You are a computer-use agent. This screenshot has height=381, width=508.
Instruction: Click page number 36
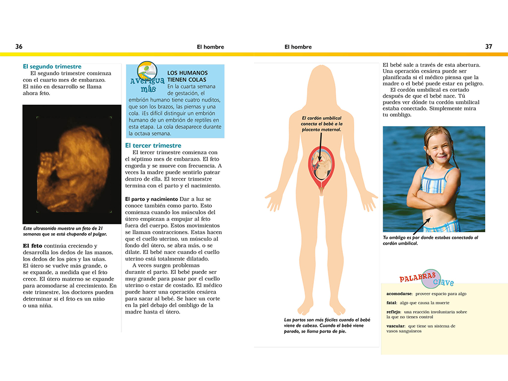click(19, 47)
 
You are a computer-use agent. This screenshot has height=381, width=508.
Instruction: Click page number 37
click(489, 47)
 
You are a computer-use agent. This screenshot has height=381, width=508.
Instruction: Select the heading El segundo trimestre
click(52, 66)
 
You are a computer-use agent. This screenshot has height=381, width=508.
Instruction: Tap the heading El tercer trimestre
click(153, 145)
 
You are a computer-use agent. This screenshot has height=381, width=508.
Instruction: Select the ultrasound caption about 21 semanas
click(65, 231)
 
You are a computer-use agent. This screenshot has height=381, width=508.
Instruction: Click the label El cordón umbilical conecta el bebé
click(322, 124)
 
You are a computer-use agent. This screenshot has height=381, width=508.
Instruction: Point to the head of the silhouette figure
click(321, 82)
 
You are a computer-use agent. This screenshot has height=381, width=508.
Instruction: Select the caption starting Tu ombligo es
click(430, 241)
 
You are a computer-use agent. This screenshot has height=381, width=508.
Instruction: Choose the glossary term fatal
click(391, 303)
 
